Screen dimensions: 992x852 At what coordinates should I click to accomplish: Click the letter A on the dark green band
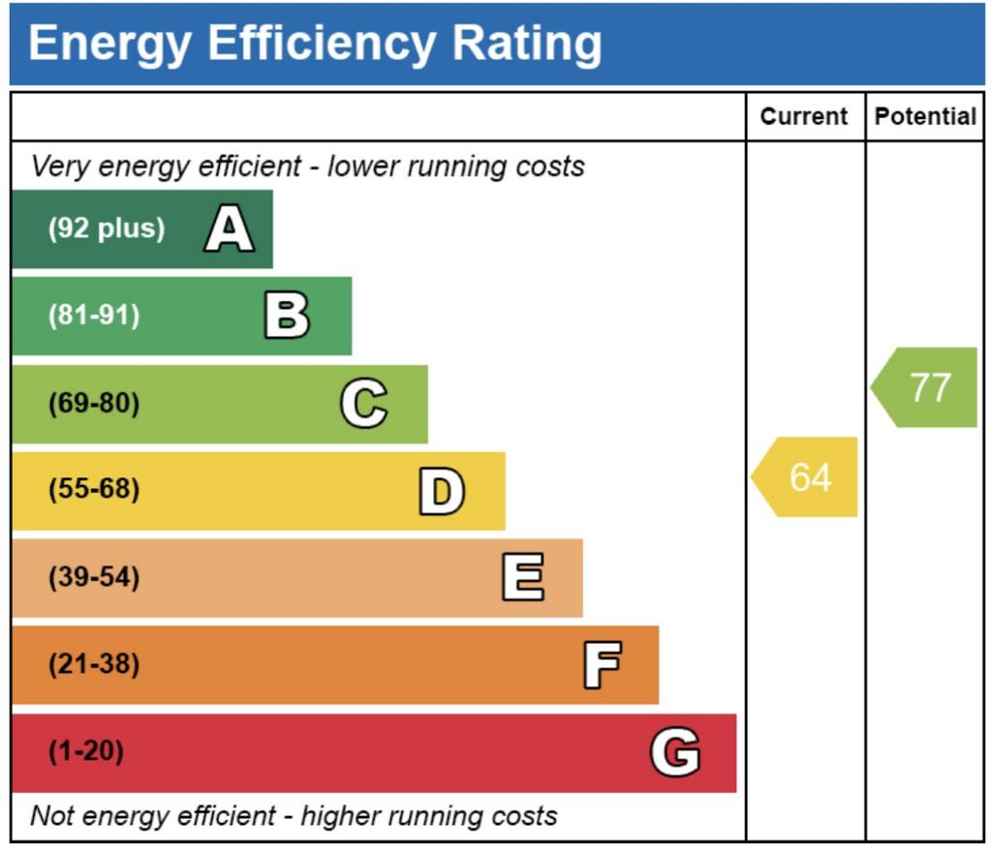pos(230,228)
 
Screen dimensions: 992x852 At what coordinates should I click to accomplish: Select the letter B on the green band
pos(287,315)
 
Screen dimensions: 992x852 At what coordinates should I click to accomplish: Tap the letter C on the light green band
pos(364,403)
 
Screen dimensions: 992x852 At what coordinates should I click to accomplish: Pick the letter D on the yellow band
pos(442,491)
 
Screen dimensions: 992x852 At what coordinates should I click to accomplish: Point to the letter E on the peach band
pos(523,576)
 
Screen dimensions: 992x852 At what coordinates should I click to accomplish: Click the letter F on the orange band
pos(603,664)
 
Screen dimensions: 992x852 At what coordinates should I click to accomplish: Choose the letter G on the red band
pos(675,751)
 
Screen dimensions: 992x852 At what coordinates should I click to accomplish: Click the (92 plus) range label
pos(107,228)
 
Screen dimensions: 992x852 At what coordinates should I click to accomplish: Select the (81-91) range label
pos(94,315)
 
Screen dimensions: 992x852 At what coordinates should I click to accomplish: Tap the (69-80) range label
pos(94,403)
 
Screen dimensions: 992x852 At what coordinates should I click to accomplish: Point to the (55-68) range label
pos(94,489)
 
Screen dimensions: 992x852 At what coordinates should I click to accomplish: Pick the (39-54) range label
pos(94,577)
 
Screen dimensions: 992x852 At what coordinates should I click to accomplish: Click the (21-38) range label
pos(94,664)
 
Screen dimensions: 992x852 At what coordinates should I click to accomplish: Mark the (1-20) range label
pos(86,751)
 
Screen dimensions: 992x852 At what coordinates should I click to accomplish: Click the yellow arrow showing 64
pos(804,476)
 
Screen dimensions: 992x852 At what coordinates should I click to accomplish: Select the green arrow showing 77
pos(923,387)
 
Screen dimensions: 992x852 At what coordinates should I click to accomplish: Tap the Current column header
pos(803,116)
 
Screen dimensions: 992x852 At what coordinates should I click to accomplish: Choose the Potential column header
pos(925,116)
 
